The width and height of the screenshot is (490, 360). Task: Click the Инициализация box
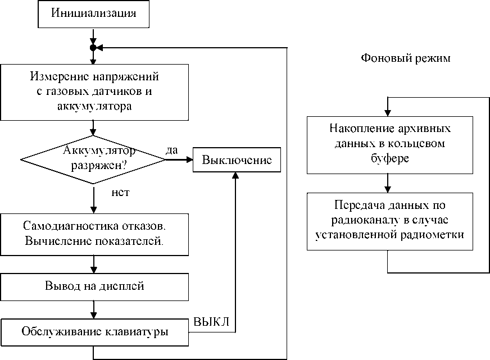coord(94,14)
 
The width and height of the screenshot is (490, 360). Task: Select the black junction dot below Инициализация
coord(93,47)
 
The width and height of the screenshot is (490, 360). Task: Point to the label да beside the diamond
coord(173,151)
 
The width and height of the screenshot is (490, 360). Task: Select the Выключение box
coord(237,160)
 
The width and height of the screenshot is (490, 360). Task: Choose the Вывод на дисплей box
coord(94,286)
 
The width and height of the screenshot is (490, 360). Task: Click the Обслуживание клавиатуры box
coord(94,331)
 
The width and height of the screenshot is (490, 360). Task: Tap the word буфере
coord(389,158)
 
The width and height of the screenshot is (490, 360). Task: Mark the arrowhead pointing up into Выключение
coord(236,176)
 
